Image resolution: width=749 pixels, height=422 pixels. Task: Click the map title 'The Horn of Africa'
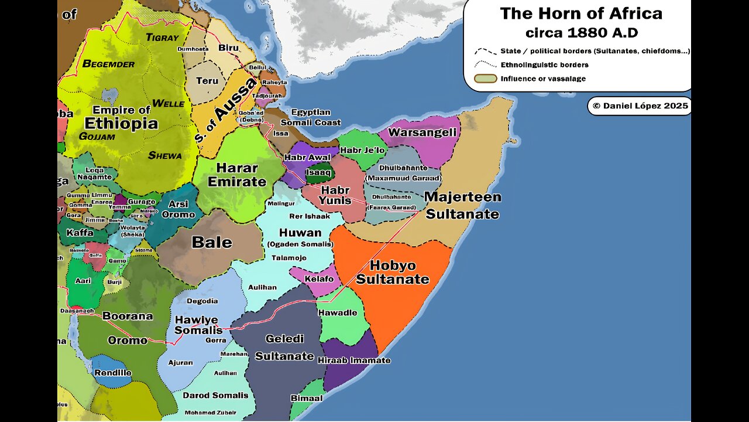pyautogui.click(x=580, y=13)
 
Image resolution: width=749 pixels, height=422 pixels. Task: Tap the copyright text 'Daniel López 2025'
pyautogui.click(x=640, y=106)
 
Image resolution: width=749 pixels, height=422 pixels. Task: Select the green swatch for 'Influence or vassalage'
pyautogui.click(x=485, y=79)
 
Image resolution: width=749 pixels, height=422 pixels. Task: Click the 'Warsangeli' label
pyautogui.click(x=422, y=132)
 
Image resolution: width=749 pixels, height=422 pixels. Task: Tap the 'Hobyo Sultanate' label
pyautogui.click(x=392, y=272)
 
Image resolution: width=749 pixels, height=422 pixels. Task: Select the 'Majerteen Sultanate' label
pyautogui.click(x=462, y=205)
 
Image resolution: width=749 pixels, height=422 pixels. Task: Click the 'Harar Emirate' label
pyautogui.click(x=236, y=174)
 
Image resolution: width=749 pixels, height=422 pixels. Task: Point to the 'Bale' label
pyautogui.click(x=212, y=242)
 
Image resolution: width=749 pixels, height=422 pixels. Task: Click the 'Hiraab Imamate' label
pyautogui.click(x=353, y=360)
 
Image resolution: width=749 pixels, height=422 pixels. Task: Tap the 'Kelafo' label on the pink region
pyautogui.click(x=319, y=278)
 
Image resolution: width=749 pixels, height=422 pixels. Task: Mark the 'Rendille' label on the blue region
pyautogui.click(x=112, y=373)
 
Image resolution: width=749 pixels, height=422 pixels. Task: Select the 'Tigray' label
pyautogui.click(x=162, y=38)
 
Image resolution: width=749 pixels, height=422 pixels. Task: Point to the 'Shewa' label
pyautogui.click(x=164, y=155)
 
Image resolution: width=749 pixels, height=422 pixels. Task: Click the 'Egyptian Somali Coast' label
pyautogui.click(x=310, y=117)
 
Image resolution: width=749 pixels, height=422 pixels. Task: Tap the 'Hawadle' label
pyautogui.click(x=338, y=312)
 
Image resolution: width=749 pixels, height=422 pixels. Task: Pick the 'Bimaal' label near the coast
pyautogui.click(x=307, y=398)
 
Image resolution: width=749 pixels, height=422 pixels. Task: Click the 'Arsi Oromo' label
pyautogui.click(x=178, y=209)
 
